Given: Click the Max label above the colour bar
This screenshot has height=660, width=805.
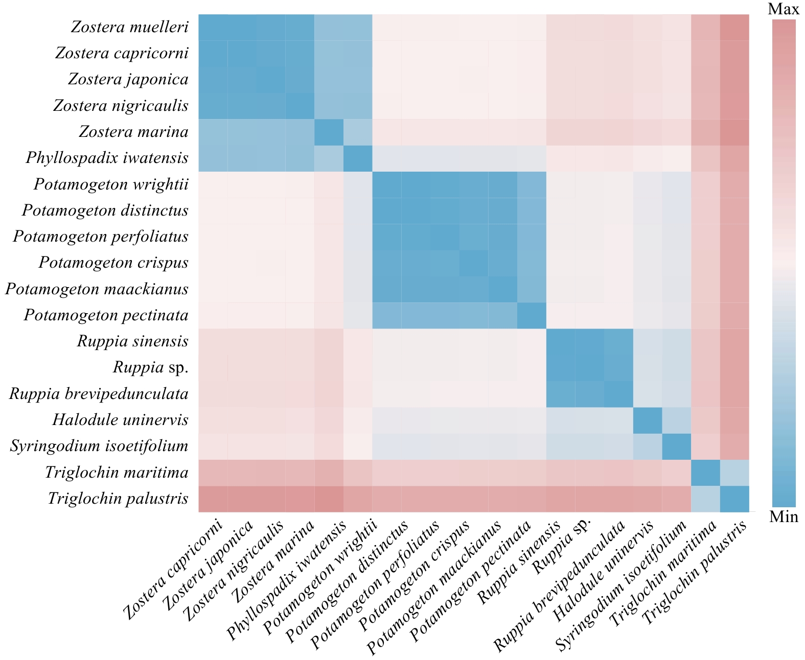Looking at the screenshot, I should pyautogui.click(x=783, y=9).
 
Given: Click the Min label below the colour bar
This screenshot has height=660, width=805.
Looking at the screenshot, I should pyautogui.click(x=783, y=517).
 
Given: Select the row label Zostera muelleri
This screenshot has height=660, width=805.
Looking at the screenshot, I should pyautogui.click(x=130, y=27).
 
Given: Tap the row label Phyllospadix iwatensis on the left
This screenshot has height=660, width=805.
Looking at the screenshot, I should pyautogui.click(x=107, y=158).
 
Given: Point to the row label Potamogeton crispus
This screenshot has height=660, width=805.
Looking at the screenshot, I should pyautogui.click(x=113, y=263).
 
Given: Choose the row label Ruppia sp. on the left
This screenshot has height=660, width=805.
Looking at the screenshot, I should pyautogui.click(x=151, y=367).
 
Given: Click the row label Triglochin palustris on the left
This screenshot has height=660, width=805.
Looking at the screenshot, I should pyautogui.click(x=118, y=498).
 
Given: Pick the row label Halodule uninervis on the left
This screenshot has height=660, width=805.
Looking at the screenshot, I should pyautogui.click(x=120, y=420).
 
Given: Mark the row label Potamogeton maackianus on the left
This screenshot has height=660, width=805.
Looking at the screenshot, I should pyautogui.click(x=97, y=289).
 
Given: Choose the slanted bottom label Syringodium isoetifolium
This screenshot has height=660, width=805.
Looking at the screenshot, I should pyautogui.click(x=621, y=585).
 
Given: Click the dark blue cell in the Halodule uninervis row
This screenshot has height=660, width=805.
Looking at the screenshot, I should pyautogui.click(x=647, y=420).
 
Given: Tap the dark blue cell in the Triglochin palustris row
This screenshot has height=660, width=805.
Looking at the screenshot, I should pyautogui.click(x=734, y=498).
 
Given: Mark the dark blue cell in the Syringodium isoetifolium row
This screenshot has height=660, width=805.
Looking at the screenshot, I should pyautogui.click(x=676, y=446).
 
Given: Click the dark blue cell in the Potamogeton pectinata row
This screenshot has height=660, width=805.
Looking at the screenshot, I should pyautogui.click(x=532, y=315).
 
